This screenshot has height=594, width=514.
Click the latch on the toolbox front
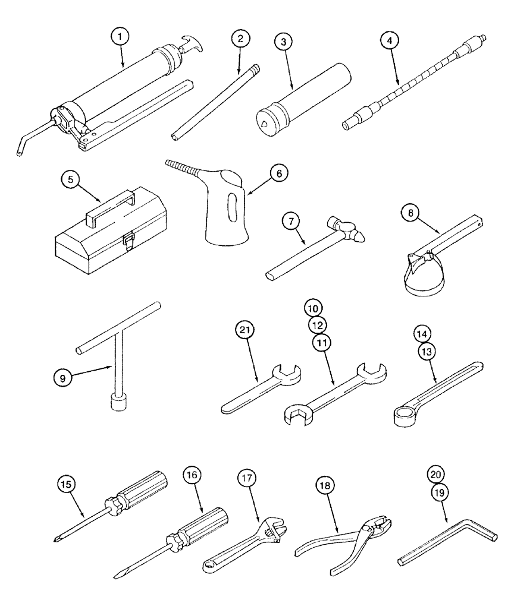coord(128,241)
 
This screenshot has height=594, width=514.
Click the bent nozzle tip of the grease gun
coord(20,152)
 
